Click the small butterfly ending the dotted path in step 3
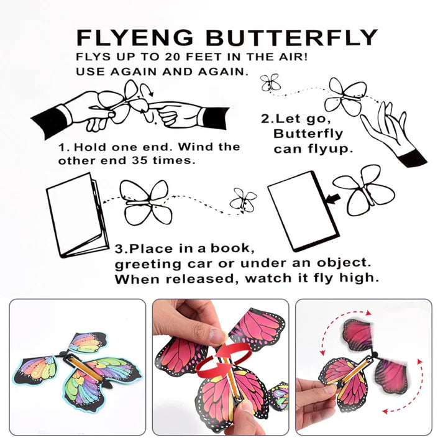(243, 199)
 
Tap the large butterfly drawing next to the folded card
(147, 202)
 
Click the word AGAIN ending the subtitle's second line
(222, 71)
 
